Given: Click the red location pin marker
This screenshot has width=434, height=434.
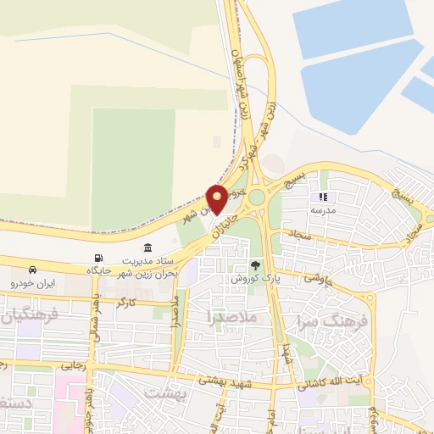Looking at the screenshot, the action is point(218,198).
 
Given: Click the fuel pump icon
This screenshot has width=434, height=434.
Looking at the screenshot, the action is point(99,258).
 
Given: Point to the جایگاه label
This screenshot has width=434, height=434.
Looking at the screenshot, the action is point(99,270).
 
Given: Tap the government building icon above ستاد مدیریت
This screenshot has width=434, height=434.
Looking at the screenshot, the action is point(148,248).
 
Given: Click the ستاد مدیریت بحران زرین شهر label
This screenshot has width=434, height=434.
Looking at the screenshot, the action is point(148,267).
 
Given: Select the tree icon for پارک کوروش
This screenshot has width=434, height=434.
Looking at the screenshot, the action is point(255,265).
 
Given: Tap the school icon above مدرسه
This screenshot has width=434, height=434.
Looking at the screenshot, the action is point(323,196).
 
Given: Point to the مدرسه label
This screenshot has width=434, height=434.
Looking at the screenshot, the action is point(323,209).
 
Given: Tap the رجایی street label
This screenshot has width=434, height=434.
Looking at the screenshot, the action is point(72,366).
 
